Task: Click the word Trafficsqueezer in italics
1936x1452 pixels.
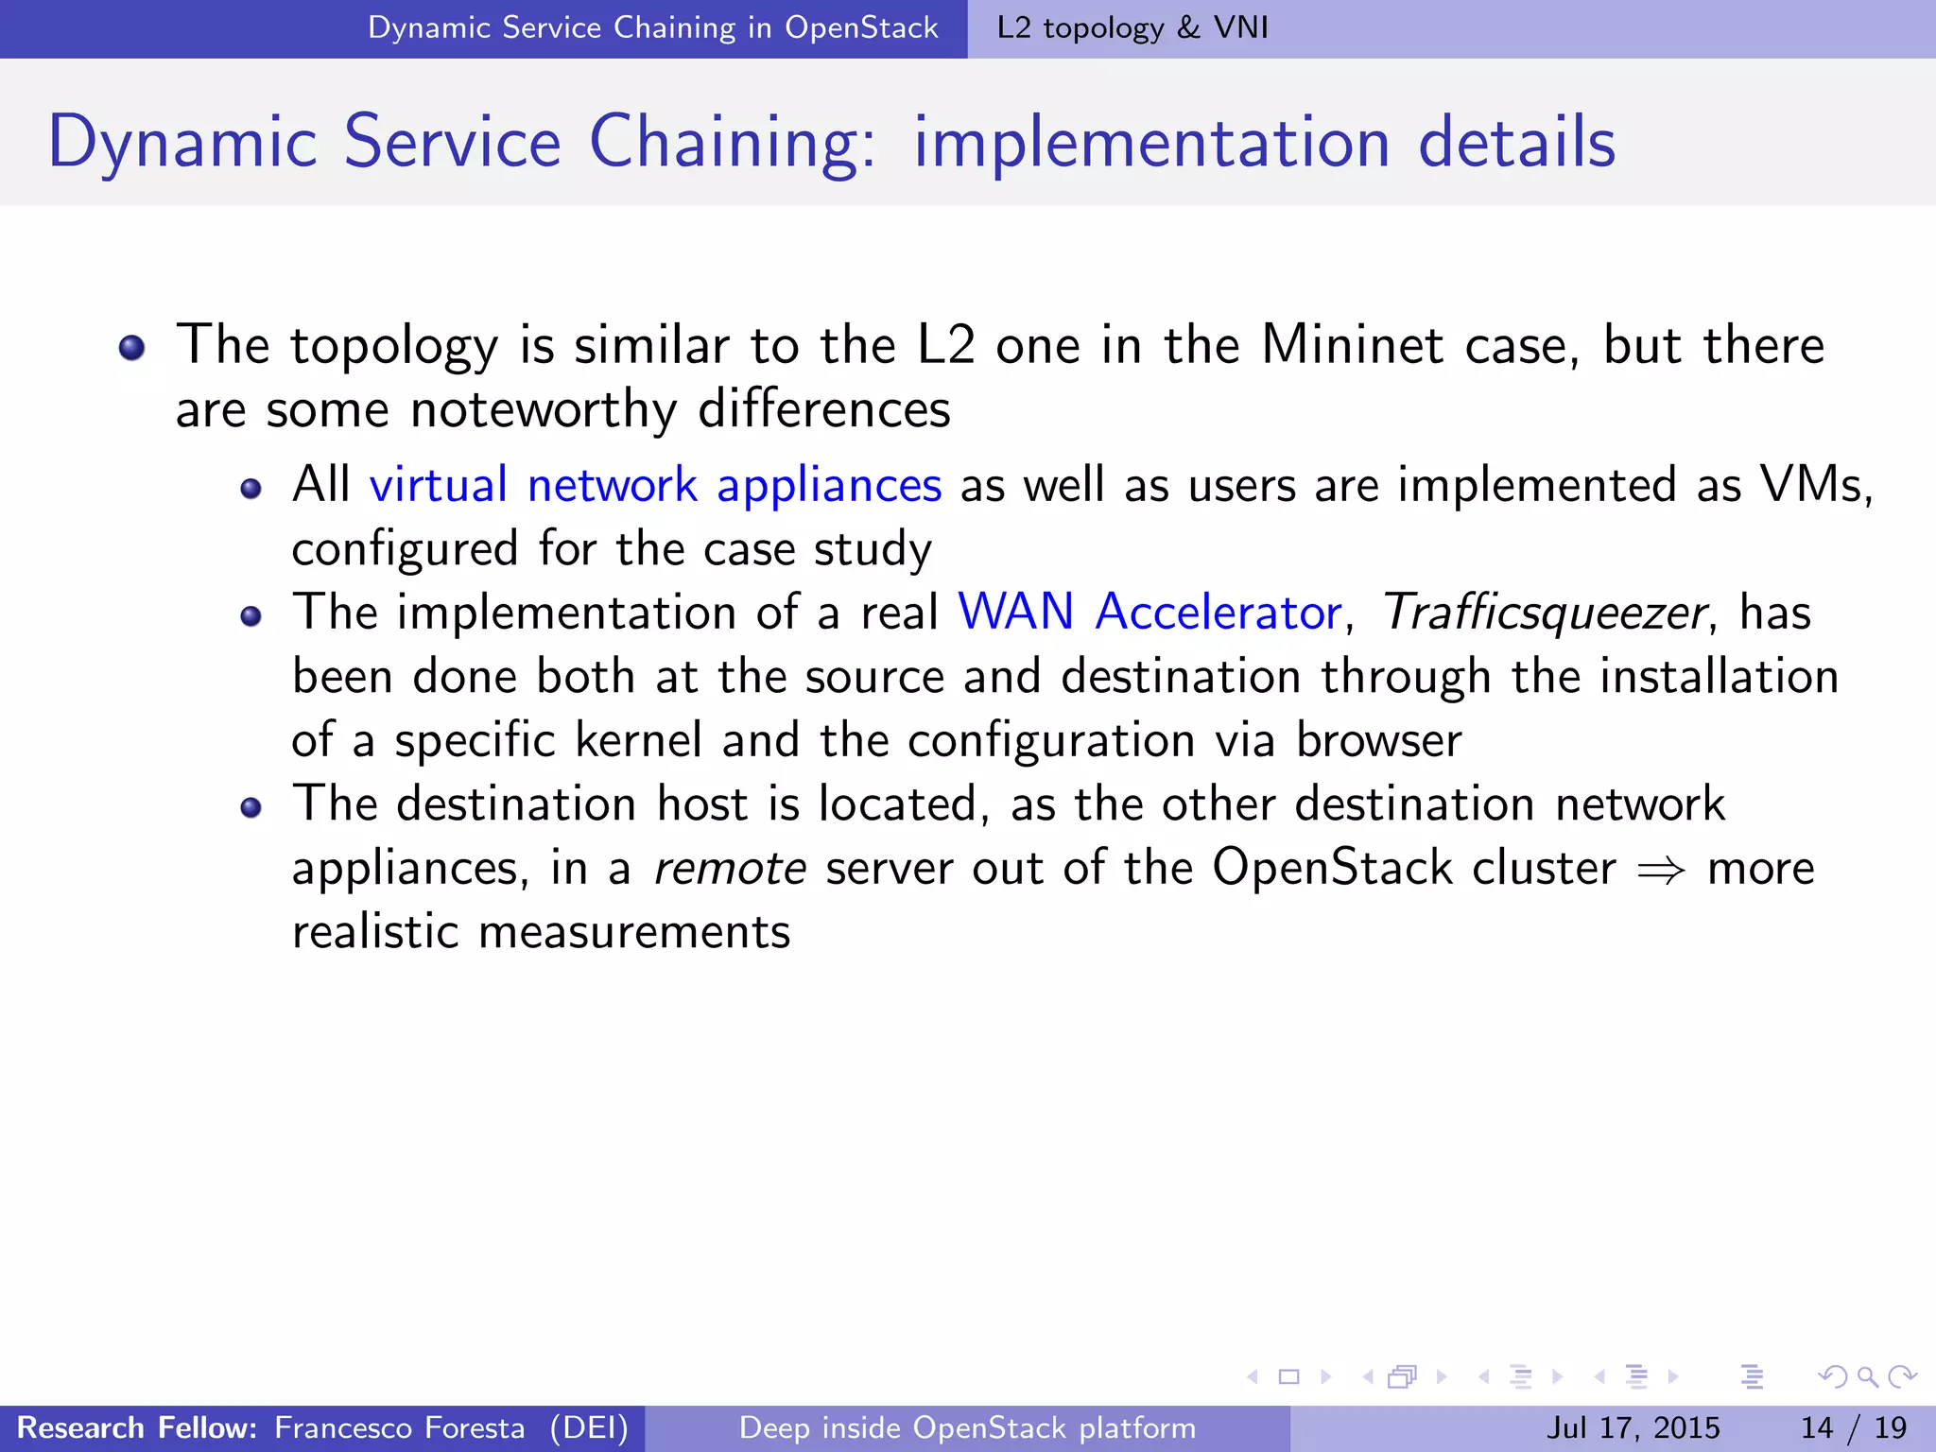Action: click(x=1544, y=613)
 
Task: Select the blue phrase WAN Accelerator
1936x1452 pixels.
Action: click(x=1149, y=613)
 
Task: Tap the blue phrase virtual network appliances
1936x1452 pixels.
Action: click(x=655, y=486)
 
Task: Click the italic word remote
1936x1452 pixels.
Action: click(x=730, y=868)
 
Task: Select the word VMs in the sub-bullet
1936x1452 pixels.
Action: click(x=1812, y=485)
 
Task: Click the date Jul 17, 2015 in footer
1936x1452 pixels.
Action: click(x=1633, y=1427)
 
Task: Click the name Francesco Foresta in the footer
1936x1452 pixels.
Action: click(x=399, y=1427)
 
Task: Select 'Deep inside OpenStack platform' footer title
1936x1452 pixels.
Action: click(x=967, y=1427)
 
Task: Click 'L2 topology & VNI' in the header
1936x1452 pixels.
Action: click(x=1132, y=27)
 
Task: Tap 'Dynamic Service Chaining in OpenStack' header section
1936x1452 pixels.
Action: click(x=652, y=27)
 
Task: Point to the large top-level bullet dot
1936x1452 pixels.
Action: click(x=132, y=348)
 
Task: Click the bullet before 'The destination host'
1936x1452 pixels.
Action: click(x=251, y=807)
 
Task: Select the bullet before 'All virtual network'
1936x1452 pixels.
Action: click(x=251, y=489)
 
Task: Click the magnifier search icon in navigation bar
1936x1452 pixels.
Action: click(x=1866, y=1376)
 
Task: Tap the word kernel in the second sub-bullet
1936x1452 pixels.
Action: click(x=639, y=740)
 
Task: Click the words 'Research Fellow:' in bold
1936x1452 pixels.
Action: click(x=137, y=1427)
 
